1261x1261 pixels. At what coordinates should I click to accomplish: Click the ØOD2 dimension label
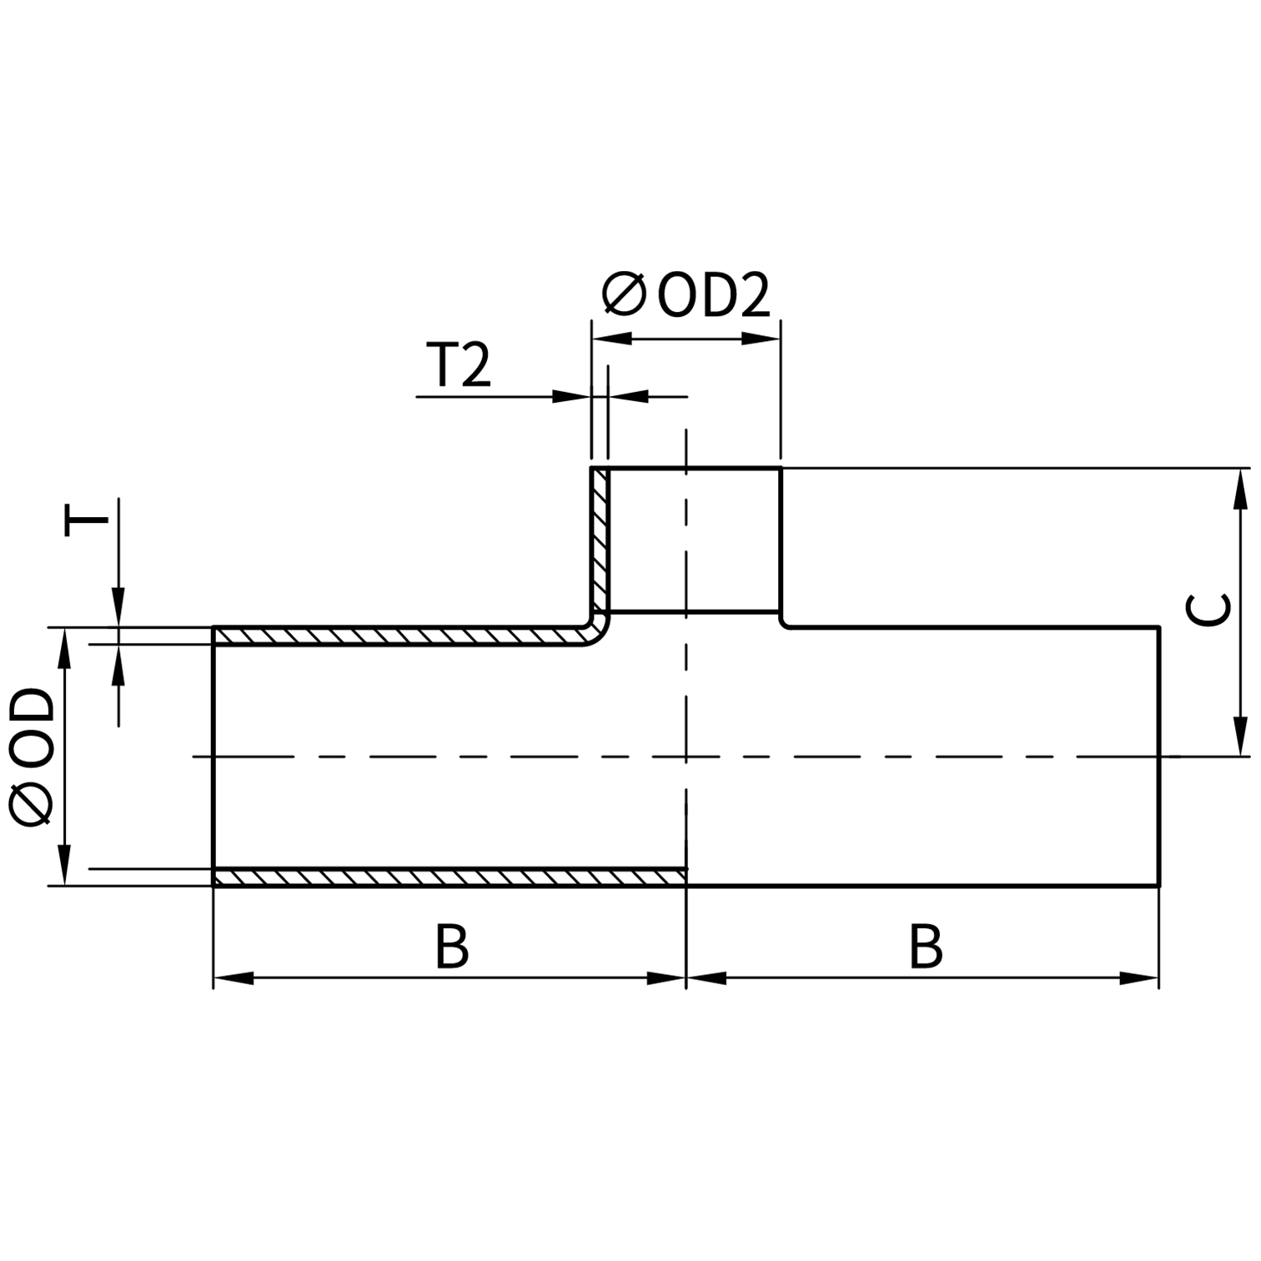(686, 295)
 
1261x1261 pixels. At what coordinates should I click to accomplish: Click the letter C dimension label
(1208, 609)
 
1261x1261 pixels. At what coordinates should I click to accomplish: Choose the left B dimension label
(451, 947)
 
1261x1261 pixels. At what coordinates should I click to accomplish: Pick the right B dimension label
(925, 947)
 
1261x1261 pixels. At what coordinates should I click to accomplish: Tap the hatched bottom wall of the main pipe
(450, 877)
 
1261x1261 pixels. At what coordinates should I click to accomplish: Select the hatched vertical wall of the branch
(600, 542)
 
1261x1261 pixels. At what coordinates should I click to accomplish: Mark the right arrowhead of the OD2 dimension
(761, 339)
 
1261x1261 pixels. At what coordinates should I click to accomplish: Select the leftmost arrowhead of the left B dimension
(234, 978)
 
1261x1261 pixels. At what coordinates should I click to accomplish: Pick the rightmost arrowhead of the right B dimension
(1139, 978)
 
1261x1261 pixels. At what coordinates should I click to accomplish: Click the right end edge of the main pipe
(1159, 756)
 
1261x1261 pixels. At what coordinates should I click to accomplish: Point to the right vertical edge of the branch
(781, 542)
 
